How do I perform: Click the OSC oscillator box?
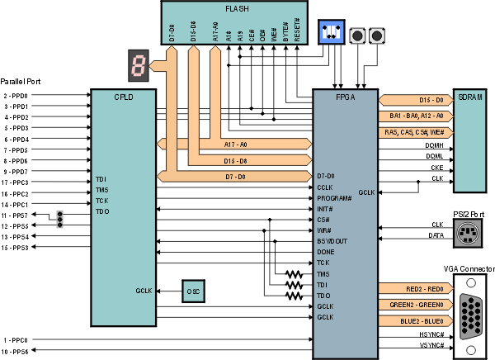tap(194, 291)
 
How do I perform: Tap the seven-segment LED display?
tap(138, 64)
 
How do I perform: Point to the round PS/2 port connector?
tap(471, 234)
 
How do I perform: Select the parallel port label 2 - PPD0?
tap(16, 96)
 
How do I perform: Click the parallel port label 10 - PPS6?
tap(16, 352)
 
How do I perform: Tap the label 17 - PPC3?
tap(16, 182)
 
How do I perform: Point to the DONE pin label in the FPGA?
tap(327, 252)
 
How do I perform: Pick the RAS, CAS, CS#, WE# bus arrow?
tap(414, 132)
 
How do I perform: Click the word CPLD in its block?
tap(124, 97)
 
